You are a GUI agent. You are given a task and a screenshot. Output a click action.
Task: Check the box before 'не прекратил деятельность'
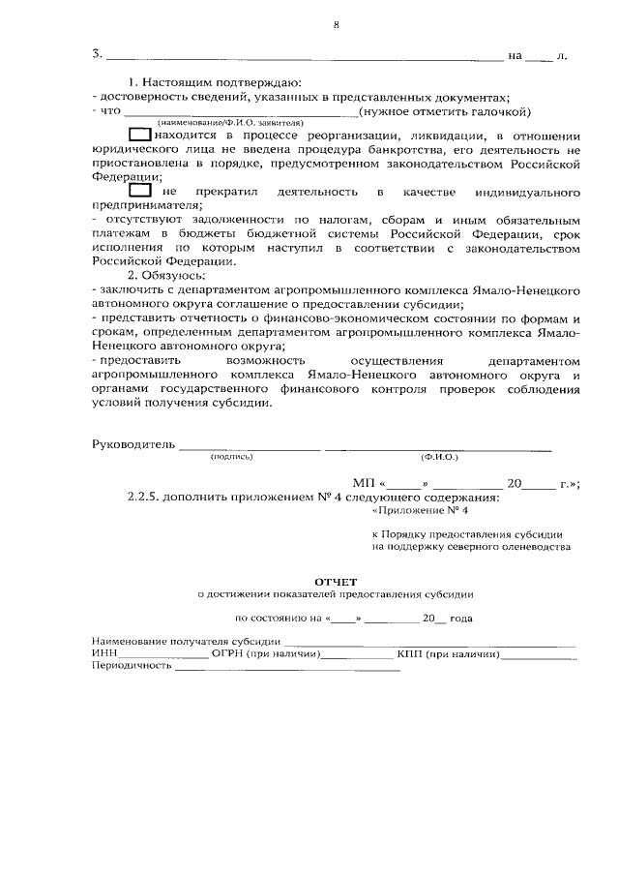coord(140,192)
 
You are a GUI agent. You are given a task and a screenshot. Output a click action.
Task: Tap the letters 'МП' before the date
coord(365,482)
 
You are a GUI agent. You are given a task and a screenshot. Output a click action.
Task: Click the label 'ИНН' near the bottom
coord(103,654)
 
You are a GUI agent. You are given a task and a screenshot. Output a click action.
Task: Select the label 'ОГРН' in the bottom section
coord(227,654)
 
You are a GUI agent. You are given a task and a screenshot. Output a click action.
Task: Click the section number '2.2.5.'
coord(148,497)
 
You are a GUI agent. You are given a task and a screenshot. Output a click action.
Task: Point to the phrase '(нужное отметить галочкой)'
coord(428,111)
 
